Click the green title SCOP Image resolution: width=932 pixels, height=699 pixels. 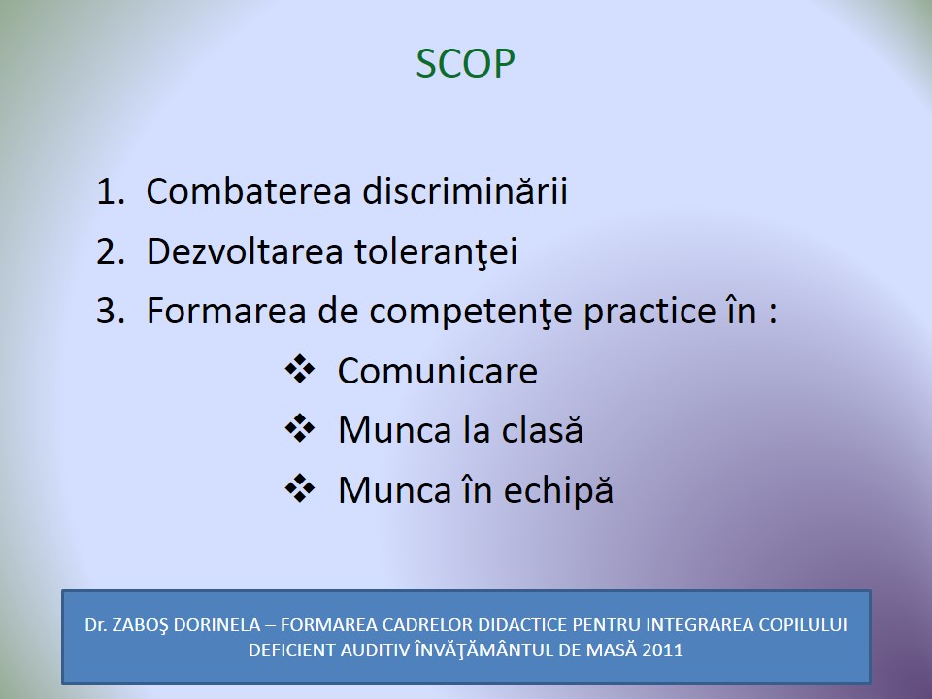click(x=465, y=64)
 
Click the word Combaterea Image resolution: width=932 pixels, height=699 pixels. click(x=249, y=191)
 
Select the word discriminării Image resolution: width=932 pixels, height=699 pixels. click(x=465, y=191)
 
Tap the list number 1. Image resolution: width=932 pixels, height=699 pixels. click(x=111, y=192)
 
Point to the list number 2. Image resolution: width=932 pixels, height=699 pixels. click(x=111, y=251)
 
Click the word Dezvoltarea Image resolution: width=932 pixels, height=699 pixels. click(x=245, y=250)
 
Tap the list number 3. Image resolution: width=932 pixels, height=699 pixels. click(x=111, y=311)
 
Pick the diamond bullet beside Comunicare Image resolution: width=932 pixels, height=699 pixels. click(x=300, y=369)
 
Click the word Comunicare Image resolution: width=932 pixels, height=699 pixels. click(x=438, y=371)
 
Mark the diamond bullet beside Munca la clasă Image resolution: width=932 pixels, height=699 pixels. click(x=300, y=428)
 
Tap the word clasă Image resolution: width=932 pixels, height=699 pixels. click(x=542, y=429)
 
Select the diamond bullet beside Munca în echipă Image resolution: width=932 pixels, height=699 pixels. click(x=300, y=488)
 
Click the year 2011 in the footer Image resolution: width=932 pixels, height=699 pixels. click(x=662, y=649)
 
